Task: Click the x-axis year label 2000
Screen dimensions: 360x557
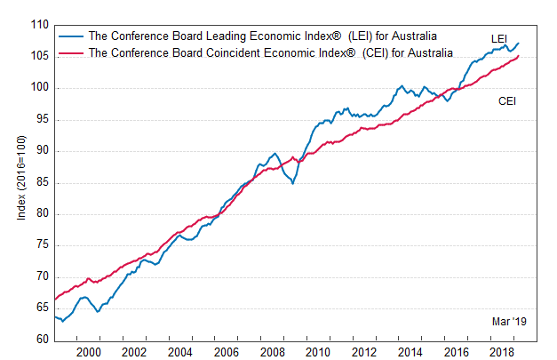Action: [x=89, y=352]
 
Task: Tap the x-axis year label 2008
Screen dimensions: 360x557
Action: [x=273, y=352]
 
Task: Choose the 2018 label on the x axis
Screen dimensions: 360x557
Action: [x=503, y=352]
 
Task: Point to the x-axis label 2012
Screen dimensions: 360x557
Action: [x=365, y=352]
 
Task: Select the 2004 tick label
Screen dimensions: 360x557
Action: [x=181, y=352]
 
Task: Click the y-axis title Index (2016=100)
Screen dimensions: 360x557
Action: [x=21, y=182]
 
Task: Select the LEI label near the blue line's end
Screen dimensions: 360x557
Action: [x=500, y=38]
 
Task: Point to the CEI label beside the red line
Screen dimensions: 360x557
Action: [x=507, y=101]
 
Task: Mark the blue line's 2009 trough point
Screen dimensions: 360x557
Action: [x=291, y=183]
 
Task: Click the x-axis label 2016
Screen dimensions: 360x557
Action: [x=457, y=352]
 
